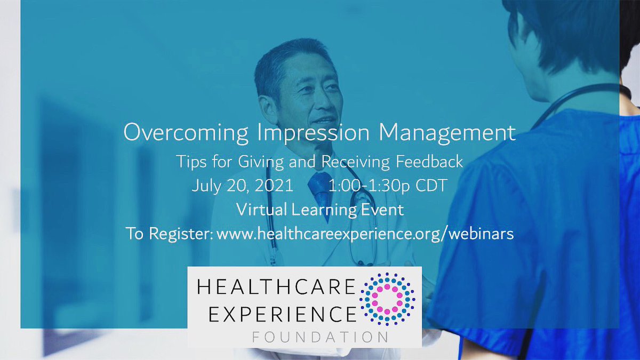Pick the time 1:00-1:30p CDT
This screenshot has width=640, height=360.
click(388, 187)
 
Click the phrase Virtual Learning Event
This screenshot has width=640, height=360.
click(320, 210)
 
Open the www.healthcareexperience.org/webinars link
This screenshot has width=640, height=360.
click(365, 234)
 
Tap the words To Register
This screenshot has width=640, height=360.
click(168, 234)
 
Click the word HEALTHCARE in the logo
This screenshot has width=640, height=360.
click(275, 289)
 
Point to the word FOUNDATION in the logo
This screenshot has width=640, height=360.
click(320, 337)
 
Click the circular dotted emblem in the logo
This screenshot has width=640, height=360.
click(388, 299)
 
